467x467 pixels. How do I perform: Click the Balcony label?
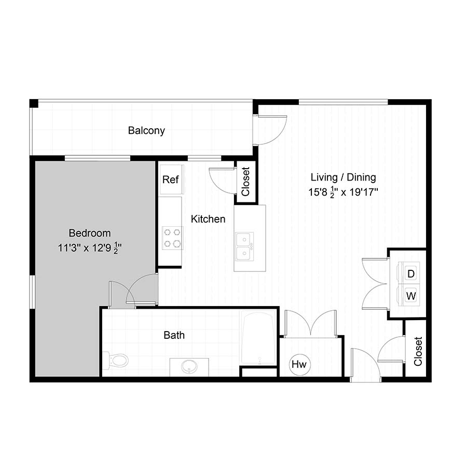[146, 131]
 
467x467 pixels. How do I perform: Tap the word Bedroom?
[90, 233]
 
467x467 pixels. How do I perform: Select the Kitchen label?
[208, 219]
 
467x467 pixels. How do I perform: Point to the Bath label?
[174, 335]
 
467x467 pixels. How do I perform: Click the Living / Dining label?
[343, 177]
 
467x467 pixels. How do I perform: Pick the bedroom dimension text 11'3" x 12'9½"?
[90, 248]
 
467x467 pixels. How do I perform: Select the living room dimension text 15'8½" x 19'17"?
[343, 192]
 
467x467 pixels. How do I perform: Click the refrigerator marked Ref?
[171, 180]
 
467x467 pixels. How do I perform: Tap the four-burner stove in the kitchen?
[172, 238]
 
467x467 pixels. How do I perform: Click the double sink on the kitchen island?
[244, 246]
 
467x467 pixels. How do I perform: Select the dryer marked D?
[409, 272]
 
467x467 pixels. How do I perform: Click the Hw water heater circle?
[299, 364]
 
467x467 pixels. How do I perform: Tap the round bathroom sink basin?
[189, 367]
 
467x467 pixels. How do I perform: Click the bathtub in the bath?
[258, 338]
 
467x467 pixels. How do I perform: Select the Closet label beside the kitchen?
[245, 182]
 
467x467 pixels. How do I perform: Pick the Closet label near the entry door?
[418, 351]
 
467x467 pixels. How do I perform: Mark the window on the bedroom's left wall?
[32, 292]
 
